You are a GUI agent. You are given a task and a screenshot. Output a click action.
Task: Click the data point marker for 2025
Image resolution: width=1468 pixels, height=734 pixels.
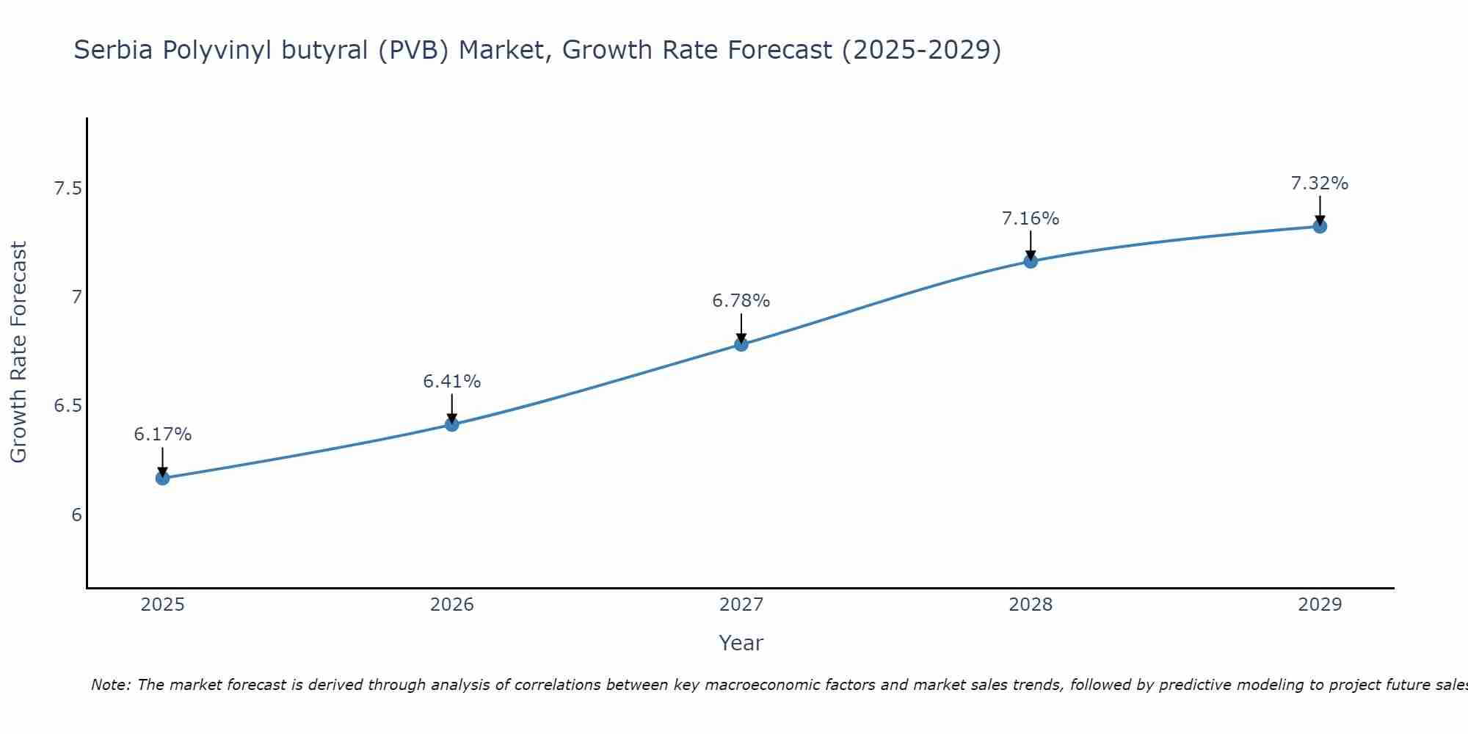tap(162, 479)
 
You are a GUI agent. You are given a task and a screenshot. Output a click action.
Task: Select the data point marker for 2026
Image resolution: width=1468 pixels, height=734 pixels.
tap(451, 424)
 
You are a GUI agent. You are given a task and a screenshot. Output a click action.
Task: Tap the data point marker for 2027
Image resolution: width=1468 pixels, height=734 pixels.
tap(741, 344)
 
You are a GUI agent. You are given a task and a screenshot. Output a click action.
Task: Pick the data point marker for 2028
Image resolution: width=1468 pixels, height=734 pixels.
tap(1031, 261)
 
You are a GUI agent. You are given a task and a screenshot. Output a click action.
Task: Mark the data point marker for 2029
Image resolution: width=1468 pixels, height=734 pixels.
tap(1320, 226)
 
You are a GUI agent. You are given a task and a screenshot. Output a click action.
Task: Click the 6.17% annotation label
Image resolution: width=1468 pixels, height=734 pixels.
tap(162, 435)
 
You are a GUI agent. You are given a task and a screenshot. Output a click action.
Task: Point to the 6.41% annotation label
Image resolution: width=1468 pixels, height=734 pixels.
tap(451, 382)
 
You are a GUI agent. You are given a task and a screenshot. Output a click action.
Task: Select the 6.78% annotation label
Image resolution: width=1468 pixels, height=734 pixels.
tap(741, 301)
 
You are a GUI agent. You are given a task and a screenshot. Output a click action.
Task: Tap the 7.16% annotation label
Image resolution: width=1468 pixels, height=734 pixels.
tap(1031, 219)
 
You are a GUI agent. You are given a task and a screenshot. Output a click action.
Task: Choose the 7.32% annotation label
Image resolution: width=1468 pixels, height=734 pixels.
tap(1320, 183)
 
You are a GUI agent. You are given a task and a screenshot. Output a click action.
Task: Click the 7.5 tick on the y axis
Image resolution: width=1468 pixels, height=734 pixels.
tap(68, 189)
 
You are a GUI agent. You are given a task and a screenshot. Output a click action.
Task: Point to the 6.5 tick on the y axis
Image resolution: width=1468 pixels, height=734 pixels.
tap(68, 406)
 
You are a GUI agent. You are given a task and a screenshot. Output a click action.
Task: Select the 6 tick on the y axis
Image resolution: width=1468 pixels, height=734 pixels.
tap(76, 515)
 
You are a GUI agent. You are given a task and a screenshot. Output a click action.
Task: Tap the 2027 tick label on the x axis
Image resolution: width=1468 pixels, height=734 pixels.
tap(741, 605)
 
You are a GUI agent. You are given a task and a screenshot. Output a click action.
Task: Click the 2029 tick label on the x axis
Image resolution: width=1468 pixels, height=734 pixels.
tap(1320, 605)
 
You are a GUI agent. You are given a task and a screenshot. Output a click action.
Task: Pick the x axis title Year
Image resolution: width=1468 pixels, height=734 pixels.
tap(741, 643)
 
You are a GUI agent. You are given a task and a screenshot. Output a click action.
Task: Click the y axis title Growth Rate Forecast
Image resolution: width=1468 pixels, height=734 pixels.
tap(18, 352)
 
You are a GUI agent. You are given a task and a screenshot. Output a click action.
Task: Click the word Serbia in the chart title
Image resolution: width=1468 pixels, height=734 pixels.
tap(113, 50)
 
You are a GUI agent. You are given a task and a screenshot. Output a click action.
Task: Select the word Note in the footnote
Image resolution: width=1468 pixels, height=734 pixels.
tap(110, 685)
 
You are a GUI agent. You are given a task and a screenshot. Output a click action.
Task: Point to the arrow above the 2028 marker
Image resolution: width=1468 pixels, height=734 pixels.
tap(1031, 245)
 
